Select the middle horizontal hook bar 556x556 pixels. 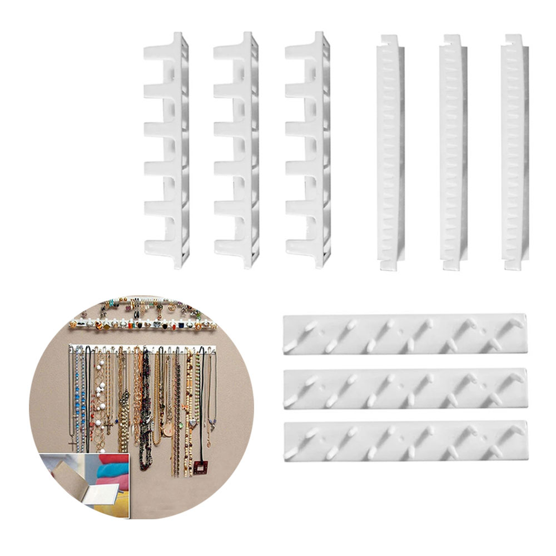point(405,389)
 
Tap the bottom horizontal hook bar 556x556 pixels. point(405,441)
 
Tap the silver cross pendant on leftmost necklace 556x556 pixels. point(73,445)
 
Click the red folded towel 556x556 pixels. point(108,464)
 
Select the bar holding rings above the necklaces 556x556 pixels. point(142,324)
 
